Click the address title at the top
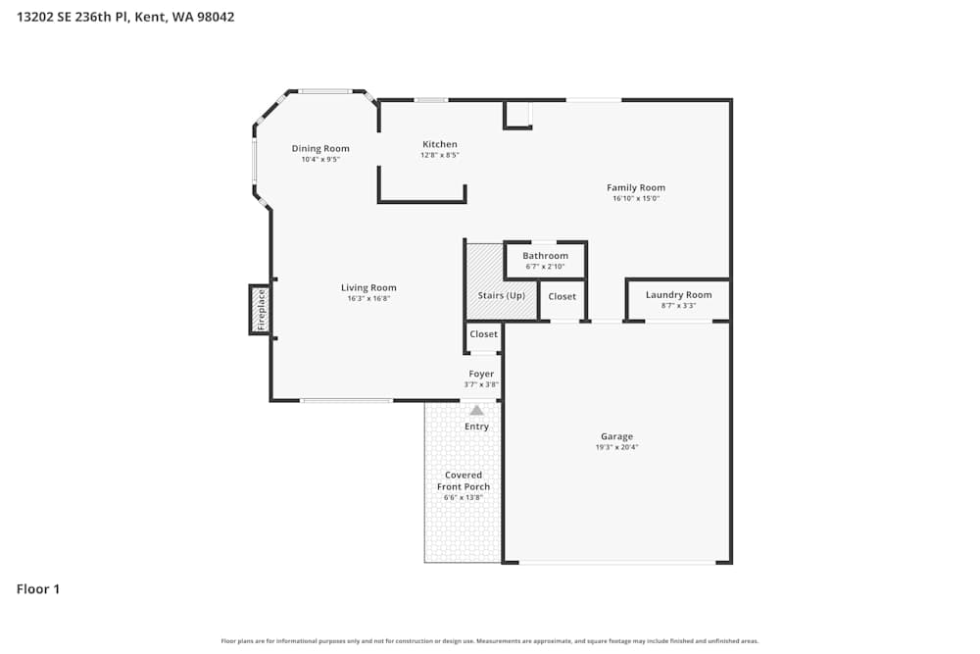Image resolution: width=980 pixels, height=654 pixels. click(x=125, y=17)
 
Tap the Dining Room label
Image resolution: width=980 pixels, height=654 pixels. click(x=320, y=149)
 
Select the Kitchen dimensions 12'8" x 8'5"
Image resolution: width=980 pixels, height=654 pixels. click(x=440, y=155)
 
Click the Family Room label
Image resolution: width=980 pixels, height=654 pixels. click(x=636, y=187)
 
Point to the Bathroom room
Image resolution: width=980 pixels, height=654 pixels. click(x=545, y=261)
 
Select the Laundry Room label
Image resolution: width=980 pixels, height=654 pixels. click(x=678, y=295)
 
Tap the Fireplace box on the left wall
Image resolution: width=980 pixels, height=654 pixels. click(x=261, y=309)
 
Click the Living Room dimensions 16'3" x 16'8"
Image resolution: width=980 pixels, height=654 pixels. click(x=368, y=298)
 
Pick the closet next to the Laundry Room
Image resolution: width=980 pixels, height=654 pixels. click(x=563, y=297)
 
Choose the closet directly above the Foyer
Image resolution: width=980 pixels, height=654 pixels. click(x=483, y=334)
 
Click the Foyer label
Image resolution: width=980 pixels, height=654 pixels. click(x=481, y=374)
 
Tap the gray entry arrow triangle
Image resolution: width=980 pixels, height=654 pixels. click(x=476, y=411)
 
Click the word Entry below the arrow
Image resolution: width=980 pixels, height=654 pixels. click(x=476, y=427)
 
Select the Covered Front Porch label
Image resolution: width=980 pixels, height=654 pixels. click(x=464, y=480)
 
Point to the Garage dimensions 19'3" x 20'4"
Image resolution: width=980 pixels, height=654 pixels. click(x=617, y=447)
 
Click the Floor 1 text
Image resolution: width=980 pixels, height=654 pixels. click(x=38, y=589)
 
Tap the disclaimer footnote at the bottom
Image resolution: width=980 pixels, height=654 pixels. click(x=490, y=641)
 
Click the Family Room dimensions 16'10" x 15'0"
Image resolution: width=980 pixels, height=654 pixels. click(x=636, y=198)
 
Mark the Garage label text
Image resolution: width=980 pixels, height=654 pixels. click(x=617, y=436)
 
